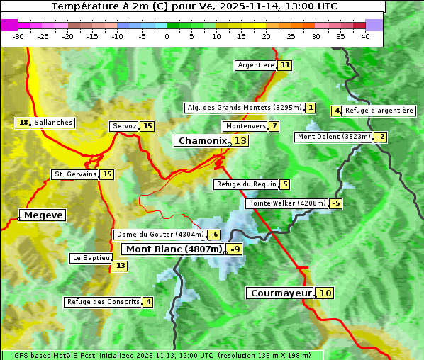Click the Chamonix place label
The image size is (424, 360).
coord(202,141)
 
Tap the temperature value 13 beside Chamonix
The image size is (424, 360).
coord(241,141)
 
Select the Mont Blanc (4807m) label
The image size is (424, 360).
coord(174,249)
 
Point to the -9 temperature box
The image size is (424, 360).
coord(235,249)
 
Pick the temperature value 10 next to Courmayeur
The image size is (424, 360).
coord(325,293)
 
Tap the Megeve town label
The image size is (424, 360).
coord(43,215)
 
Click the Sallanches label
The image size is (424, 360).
coord(53,123)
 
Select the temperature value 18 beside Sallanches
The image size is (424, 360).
coord(23,123)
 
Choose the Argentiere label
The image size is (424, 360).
coord(256,65)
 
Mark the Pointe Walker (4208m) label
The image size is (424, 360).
coord(286,204)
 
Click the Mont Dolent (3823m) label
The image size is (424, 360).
coord(334,137)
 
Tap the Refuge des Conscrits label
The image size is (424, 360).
coord(103,302)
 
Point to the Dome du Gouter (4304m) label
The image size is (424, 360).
coord(160,235)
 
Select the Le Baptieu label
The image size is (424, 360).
coord(91,259)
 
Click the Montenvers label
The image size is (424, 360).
coord(245,126)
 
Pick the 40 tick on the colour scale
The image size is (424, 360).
coord(365,36)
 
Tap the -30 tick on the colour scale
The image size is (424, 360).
coord(18,36)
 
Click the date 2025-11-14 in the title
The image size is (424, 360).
coord(258,6)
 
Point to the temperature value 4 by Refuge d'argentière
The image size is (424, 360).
coord(337,111)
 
